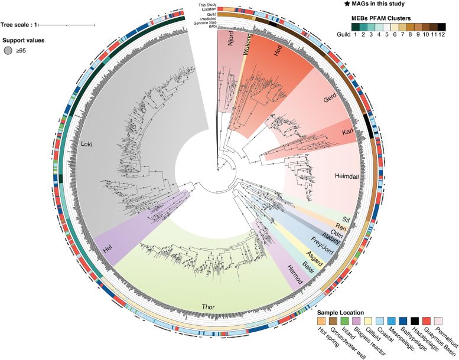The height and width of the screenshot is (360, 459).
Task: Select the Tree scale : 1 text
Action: pos(19,25)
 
